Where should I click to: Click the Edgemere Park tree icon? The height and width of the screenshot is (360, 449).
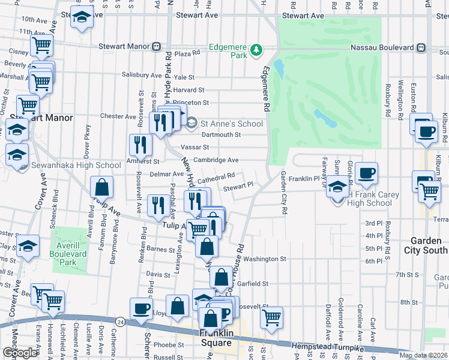pyautogui.click(x=258, y=49)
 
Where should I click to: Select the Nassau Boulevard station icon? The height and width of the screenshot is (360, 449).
pyautogui.click(x=422, y=47)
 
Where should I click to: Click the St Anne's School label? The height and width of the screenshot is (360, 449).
pyautogui.click(x=232, y=124)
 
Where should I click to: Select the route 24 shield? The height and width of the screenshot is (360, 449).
pyautogui.click(x=121, y=322)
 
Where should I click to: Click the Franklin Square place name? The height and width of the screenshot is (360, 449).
pyautogui.click(x=215, y=338)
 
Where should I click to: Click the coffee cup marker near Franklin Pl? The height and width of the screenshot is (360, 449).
pyautogui.click(x=366, y=174)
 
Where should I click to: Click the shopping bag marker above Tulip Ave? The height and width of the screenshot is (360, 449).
pyautogui.click(x=101, y=187)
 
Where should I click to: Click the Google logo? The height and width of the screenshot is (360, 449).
pyautogui.click(x=20, y=353)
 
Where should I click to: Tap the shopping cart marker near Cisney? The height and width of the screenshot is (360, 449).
pyautogui.click(x=42, y=45)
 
